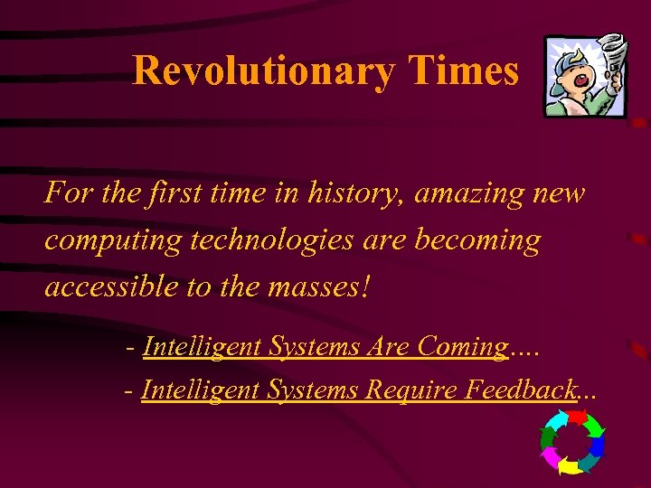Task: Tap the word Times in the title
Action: (464, 70)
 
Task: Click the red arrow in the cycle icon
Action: (579, 417)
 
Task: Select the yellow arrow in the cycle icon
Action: (568, 466)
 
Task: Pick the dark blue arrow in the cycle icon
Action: (598, 444)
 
